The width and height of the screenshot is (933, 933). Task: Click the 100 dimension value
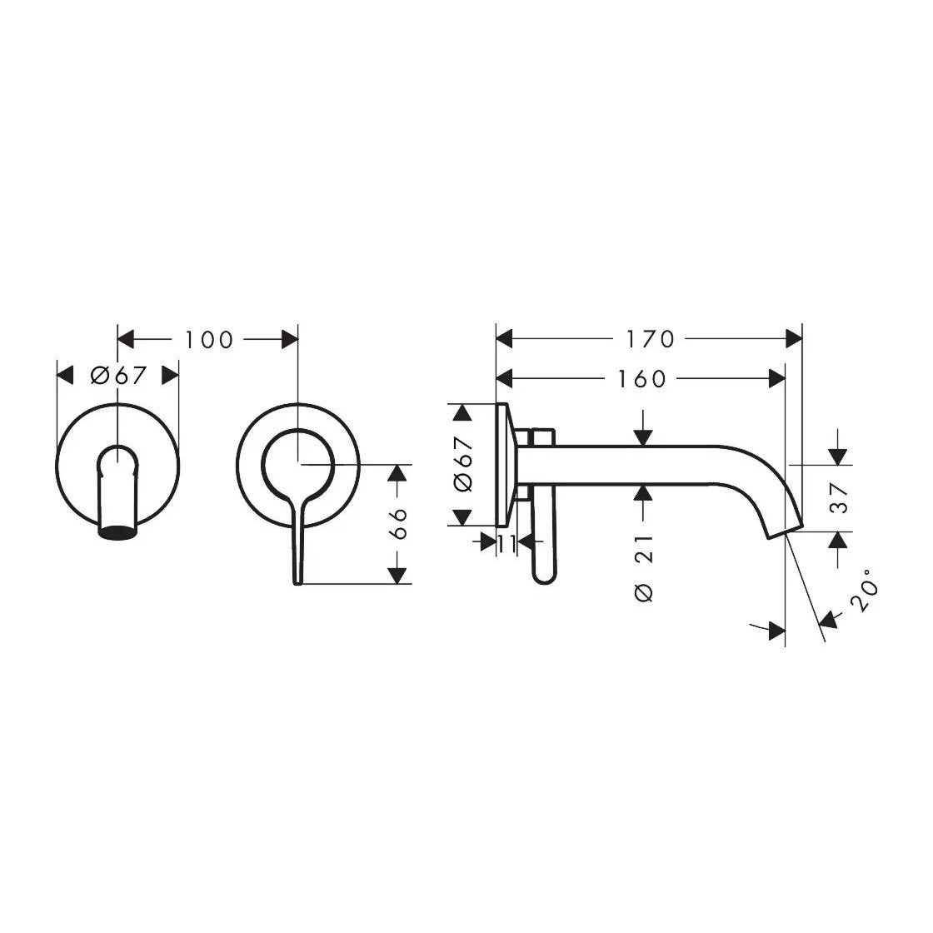coord(208,340)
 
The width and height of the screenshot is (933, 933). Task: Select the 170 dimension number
coord(650,339)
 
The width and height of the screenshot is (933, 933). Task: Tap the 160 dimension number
coord(641,378)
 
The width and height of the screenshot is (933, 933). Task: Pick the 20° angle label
coord(864,591)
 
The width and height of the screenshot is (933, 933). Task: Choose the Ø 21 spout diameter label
coord(645,568)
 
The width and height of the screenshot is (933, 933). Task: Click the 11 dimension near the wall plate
coord(506,543)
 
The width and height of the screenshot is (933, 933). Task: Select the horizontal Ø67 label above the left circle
coord(118,376)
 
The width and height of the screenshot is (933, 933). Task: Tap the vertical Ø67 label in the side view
coord(463,465)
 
